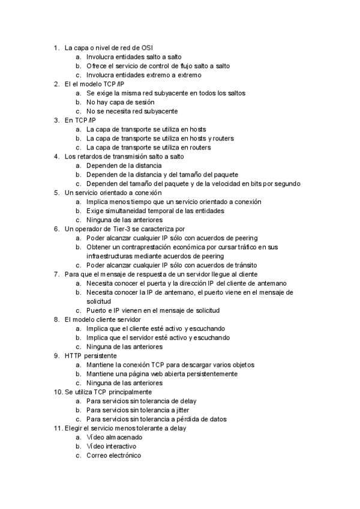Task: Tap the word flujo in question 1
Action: [181, 66]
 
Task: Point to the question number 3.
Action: [56, 120]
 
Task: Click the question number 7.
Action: [56, 274]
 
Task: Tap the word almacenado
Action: [124, 438]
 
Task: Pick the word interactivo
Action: [120, 447]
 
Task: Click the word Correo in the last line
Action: [97, 456]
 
